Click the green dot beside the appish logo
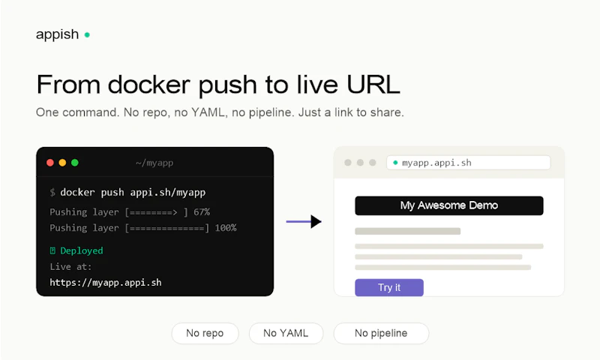pos(87,34)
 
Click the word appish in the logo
pos(58,34)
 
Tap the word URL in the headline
pos(373,84)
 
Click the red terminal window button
pos(50,163)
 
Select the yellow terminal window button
pos(62,163)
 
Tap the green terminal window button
pos(75,163)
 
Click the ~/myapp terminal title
pos(154,163)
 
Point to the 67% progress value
pos(202,212)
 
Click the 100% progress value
pos(226,228)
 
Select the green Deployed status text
pos(82,250)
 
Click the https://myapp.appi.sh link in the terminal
pos(106,283)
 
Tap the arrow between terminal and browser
pos(304,221)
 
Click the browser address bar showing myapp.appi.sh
pos(468,163)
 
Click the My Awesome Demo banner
pos(448,205)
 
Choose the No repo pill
pos(205,333)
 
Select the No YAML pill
pos(286,333)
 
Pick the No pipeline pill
pos(381,333)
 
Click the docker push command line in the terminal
pos(127,193)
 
